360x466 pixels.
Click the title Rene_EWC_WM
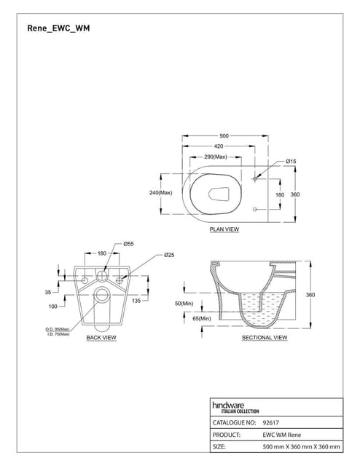(x=58, y=28)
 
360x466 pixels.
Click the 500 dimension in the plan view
(x=224, y=136)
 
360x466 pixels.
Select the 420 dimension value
(x=219, y=146)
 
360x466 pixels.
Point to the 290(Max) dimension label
(x=216, y=157)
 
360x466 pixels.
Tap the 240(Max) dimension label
(x=160, y=192)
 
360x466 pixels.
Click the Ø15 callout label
(x=291, y=162)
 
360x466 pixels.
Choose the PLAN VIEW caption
(x=224, y=229)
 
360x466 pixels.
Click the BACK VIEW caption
(x=101, y=338)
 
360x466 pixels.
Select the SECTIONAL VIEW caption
(x=265, y=338)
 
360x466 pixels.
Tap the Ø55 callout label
(x=128, y=244)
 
